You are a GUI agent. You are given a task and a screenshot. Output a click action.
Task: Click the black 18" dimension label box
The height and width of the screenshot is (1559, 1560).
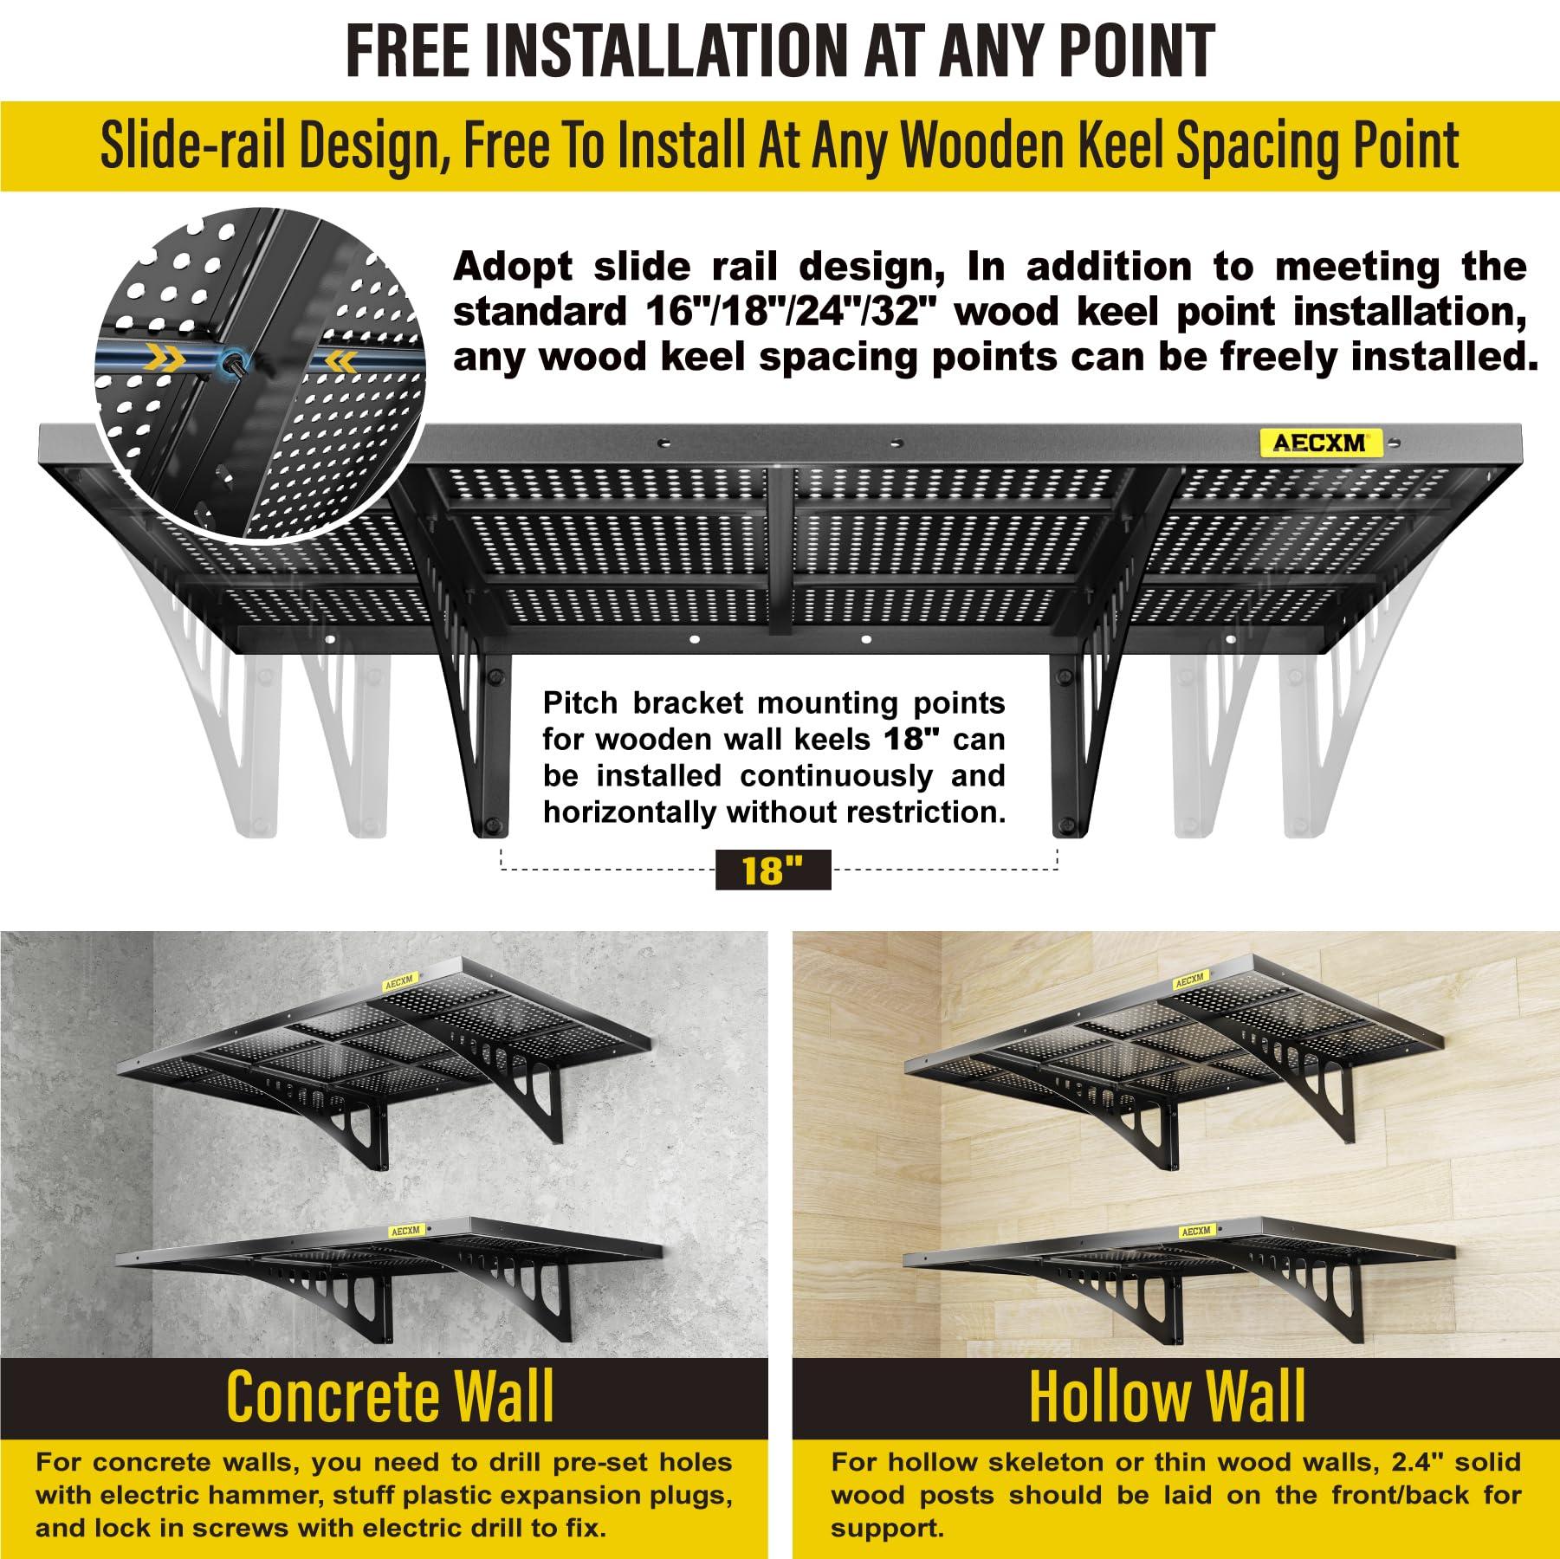(773, 869)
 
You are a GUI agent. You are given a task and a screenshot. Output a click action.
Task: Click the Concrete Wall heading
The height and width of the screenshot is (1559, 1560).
(390, 1396)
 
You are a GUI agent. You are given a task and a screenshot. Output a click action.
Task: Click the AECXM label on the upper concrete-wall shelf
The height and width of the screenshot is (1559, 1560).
(400, 980)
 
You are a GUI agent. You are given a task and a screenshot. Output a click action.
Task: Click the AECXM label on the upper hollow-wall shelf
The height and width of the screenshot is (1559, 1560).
(1189, 980)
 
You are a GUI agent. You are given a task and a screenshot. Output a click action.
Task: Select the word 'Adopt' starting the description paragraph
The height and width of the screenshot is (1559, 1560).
(513, 268)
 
